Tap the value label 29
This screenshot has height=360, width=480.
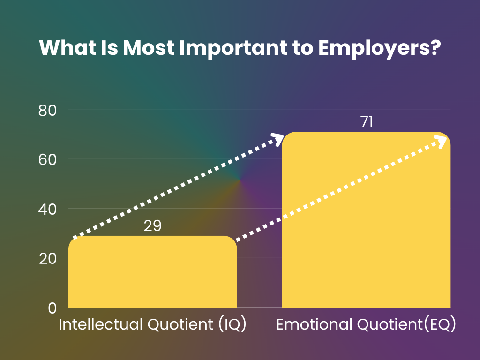[x=152, y=226]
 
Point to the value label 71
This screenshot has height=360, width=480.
[x=366, y=122]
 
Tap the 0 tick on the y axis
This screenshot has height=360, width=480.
[x=52, y=308]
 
